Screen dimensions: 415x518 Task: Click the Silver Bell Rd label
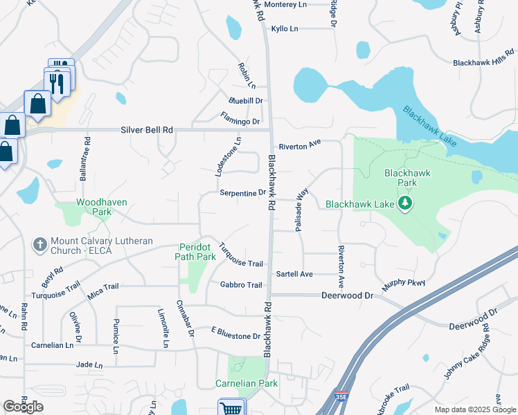(146, 129)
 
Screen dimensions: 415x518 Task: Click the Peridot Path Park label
(197, 251)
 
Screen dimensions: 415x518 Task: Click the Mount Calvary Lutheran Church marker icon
(39, 244)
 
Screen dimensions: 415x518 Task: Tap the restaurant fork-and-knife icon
(57, 83)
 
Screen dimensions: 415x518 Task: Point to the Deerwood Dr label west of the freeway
(347, 295)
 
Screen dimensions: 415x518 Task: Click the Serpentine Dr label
(243, 193)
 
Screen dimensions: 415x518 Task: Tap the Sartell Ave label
(294, 274)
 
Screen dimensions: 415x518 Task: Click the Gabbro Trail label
(240, 285)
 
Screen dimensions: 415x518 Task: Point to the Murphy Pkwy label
(403, 283)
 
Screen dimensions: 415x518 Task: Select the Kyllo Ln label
(285, 28)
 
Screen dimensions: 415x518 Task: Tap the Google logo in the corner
(23, 407)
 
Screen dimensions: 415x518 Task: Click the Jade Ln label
(90, 365)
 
